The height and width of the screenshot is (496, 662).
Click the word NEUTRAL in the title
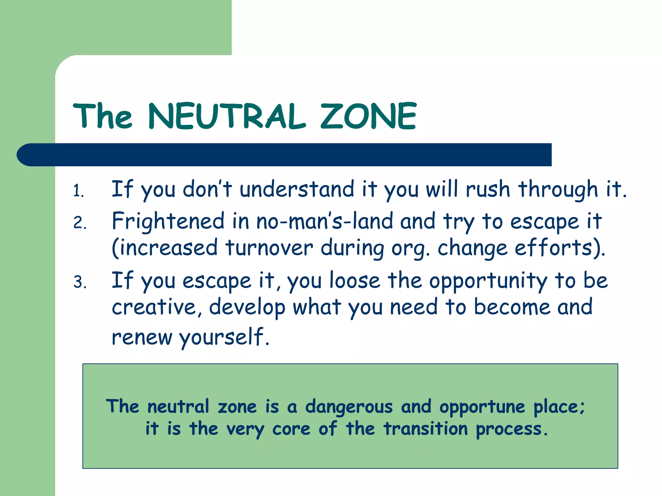[x=226, y=116]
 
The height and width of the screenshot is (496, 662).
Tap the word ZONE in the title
[x=368, y=116]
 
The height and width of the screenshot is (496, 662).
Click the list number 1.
[x=78, y=191]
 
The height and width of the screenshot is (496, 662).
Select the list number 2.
[x=80, y=223]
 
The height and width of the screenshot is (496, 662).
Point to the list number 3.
[x=80, y=282]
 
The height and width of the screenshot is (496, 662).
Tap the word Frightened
[x=168, y=222]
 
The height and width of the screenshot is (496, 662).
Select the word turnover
[x=269, y=248]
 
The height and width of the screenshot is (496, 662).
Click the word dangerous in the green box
[x=349, y=407]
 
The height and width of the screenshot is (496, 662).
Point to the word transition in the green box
[x=425, y=429]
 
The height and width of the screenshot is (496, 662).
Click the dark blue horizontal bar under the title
[x=284, y=155]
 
